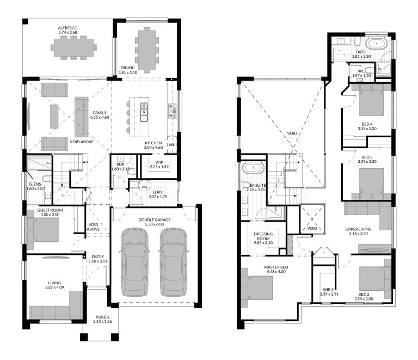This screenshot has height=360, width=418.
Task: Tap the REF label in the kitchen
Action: pos(171,145)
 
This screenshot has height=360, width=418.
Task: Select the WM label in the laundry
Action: pos(144,187)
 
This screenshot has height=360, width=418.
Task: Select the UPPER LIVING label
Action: pos(358,229)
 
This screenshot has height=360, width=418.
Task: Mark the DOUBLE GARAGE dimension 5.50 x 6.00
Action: pos(151,224)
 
